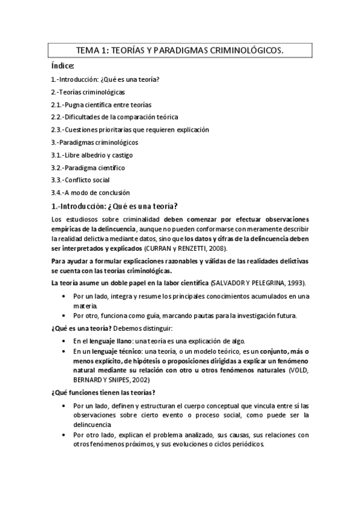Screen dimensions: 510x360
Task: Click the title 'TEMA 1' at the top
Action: coord(93,52)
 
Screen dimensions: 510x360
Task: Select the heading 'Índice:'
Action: coord(63,67)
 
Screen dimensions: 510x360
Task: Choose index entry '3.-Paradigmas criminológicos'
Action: coord(94,143)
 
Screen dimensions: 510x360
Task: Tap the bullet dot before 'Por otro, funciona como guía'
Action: coord(64,316)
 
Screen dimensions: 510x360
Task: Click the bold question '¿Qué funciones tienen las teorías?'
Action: coord(103,393)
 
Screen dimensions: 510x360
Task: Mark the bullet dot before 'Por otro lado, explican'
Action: coord(64,435)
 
